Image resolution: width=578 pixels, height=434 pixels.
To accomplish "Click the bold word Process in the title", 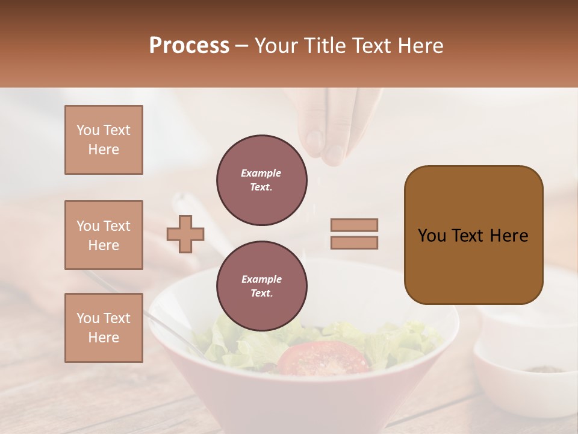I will click(x=189, y=46).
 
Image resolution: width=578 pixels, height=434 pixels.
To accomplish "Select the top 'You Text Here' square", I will click(x=104, y=140).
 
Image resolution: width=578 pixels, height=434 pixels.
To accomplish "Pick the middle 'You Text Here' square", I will click(x=104, y=235).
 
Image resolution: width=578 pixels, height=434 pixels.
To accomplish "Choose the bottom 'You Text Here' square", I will click(x=104, y=328).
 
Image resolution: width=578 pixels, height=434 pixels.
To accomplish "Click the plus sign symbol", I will click(x=185, y=234).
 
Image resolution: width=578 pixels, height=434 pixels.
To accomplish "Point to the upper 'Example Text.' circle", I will click(x=261, y=180).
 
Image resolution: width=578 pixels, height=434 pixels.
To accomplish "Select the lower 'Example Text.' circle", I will click(x=261, y=286).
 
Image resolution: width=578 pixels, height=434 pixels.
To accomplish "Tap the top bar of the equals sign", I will click(x=354, y=225).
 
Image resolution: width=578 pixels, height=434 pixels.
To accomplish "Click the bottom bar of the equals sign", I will click(x=354, y=242).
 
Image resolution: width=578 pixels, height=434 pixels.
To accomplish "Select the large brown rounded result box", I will click(x=473, y=235).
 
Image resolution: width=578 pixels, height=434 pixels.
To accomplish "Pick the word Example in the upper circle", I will click(x=261, y=173).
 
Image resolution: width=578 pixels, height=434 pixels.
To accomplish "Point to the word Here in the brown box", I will click(x=509, y=236).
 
